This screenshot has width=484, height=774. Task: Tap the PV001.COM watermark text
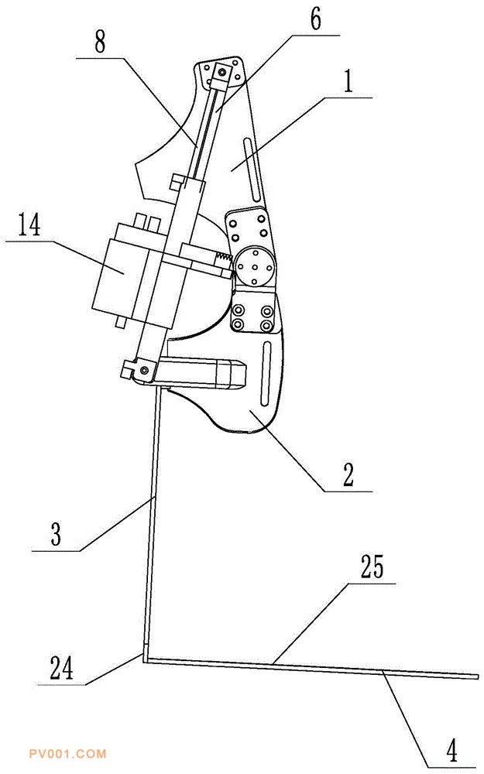(x=66, y=753)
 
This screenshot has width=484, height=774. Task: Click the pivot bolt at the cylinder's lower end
(x=143, y=373)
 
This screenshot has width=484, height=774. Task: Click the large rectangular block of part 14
(x=124, y=270)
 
